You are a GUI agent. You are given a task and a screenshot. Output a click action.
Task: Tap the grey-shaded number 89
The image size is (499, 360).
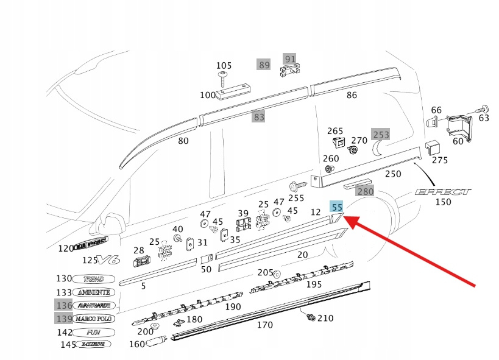pos(264,65)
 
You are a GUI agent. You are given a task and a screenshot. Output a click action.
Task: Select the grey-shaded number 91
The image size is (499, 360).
pos(291,60)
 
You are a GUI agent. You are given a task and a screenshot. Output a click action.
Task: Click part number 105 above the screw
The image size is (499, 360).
pos(224,66)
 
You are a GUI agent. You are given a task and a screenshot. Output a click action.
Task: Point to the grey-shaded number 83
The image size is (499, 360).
pos(259,117)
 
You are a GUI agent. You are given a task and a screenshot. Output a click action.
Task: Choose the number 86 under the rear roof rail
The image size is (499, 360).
pos(352,95)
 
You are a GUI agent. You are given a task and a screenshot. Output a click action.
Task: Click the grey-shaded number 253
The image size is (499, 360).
pos(381,135)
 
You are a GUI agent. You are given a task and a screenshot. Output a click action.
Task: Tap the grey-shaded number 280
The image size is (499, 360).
pos(365,191)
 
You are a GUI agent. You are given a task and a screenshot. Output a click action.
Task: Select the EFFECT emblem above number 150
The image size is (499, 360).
pos(443,191)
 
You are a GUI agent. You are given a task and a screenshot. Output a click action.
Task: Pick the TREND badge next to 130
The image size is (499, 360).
pos(93,279)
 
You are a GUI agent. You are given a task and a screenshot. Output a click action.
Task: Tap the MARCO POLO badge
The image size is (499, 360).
pos(94,319)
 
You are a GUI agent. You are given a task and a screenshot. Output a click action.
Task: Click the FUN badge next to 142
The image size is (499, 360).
pos(93,333)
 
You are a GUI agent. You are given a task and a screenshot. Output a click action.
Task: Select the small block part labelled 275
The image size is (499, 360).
pos(434,146)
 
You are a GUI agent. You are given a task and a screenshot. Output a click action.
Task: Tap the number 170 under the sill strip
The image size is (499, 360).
pos(264,325)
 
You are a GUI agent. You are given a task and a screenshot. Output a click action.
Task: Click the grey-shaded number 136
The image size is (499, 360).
pos(64,305)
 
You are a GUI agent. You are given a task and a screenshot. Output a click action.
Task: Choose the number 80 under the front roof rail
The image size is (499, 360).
pos(183,141)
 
